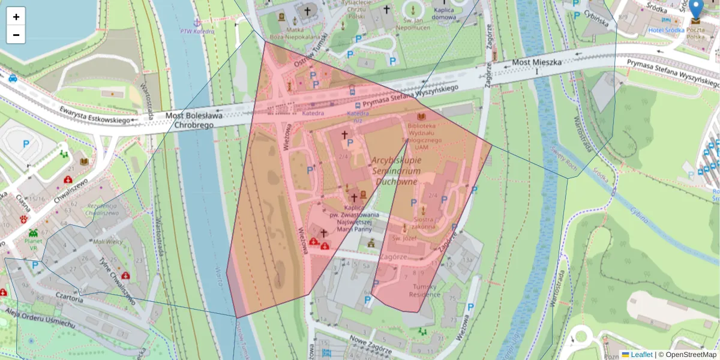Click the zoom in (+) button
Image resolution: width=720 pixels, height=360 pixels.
click(16, 17)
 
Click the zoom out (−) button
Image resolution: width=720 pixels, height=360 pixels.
click(16, 35)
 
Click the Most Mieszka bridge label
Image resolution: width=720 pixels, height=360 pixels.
click(536, 62)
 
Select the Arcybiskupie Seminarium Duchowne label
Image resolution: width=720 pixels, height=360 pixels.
click(396, 170)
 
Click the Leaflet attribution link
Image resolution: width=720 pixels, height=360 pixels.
click(641, 355)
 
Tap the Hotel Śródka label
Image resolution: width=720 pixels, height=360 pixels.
click(666, 30)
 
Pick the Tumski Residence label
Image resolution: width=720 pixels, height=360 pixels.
click(425, 290)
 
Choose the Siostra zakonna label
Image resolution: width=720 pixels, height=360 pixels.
click(424, 223)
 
